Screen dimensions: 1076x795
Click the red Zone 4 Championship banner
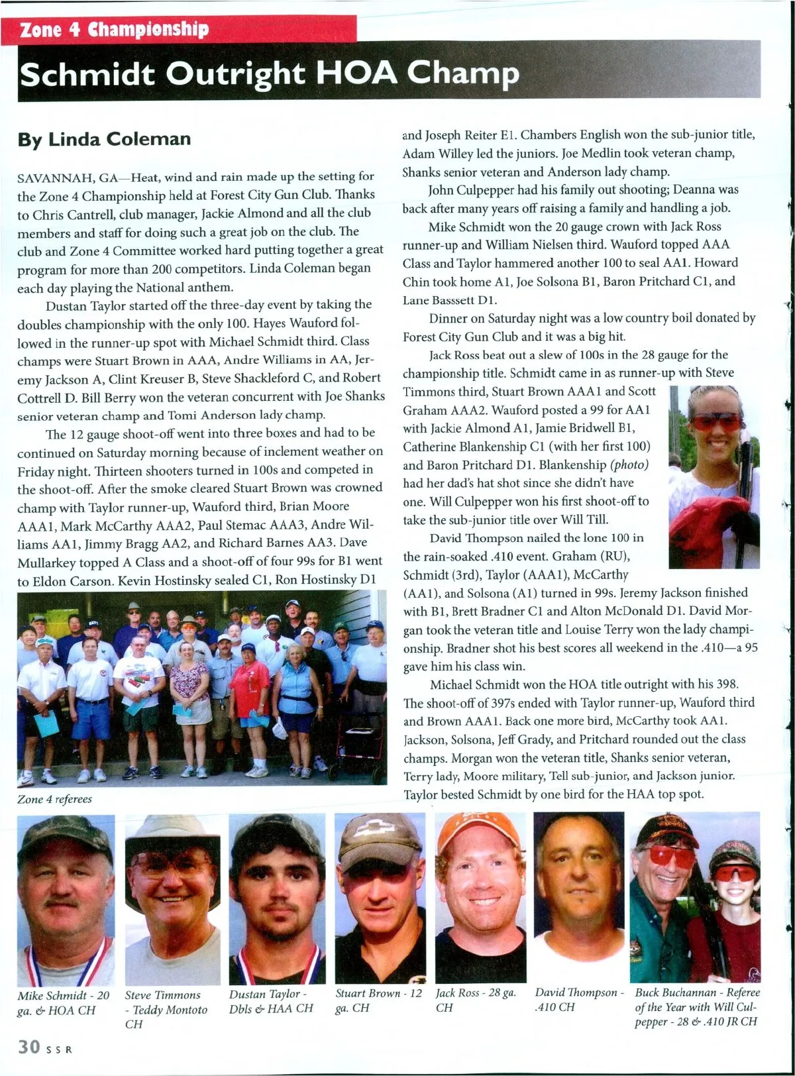coord(179,30)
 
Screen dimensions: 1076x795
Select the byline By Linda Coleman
coord(104,139)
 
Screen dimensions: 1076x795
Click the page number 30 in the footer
coord(29,1047)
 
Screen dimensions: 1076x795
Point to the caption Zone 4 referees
coord(54,799)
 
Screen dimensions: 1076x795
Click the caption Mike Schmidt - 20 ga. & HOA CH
coord(64,1002)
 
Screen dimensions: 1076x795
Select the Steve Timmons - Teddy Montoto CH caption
coord(166,1009)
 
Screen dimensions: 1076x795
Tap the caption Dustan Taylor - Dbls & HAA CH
coord(271,1001)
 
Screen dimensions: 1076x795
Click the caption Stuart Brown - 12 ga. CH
coord(378,1000)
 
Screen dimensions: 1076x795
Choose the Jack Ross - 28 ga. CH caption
coord(476,1000)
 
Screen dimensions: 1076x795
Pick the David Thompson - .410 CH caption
coord(579,999)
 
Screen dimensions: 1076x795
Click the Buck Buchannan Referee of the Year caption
coord(697,1006)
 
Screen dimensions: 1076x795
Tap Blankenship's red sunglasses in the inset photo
coord(715,422)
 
